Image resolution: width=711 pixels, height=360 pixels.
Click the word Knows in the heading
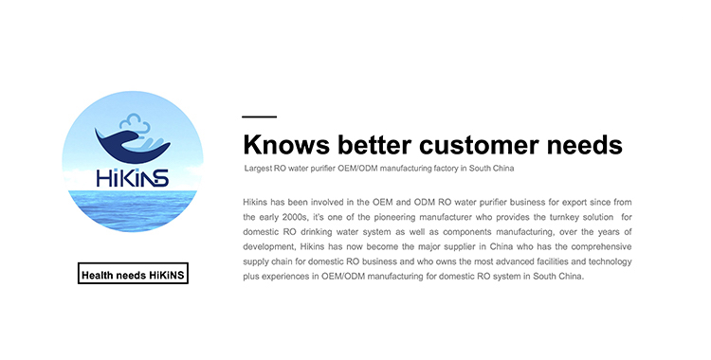[x=286, y=145]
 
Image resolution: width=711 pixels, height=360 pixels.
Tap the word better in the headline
[x=374, y=145]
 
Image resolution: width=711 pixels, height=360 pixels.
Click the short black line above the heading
[x=260, y=117]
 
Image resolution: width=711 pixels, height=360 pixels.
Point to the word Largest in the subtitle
[x=258, y=169]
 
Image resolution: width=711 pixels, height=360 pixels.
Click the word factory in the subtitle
[x=447, y=169]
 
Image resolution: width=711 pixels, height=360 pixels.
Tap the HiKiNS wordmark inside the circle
[x=133, y=178]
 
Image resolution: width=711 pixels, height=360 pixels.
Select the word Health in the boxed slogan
[x=97, y=276]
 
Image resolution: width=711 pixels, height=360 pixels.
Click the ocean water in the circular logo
[x=133, y=210]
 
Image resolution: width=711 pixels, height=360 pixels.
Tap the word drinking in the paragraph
[x=316, y=232]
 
